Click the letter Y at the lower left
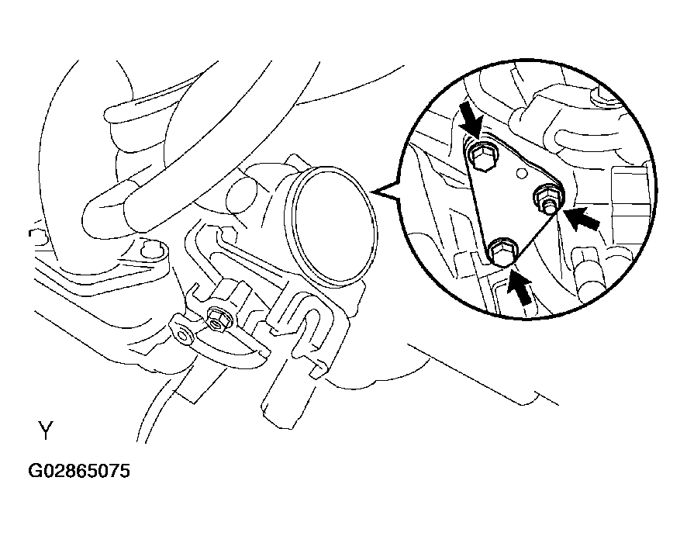pyautogui.click(x=46, y=431)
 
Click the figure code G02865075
pyautogui.click(x=79, y=471)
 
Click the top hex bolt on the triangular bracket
pyautogui.click(x=481, y=156)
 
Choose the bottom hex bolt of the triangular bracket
pyautogui.click(x=502, y=251)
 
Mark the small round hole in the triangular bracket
pyautogui.click(x=521, y=173)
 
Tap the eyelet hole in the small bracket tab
pyautogui.click(x=183, y=335)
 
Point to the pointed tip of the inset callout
pyautogui.click(x=373, y=192)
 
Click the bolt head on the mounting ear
pyautogui.click(x=149, y=250)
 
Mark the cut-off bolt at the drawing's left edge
pyautogui.click(x=38, y=237)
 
